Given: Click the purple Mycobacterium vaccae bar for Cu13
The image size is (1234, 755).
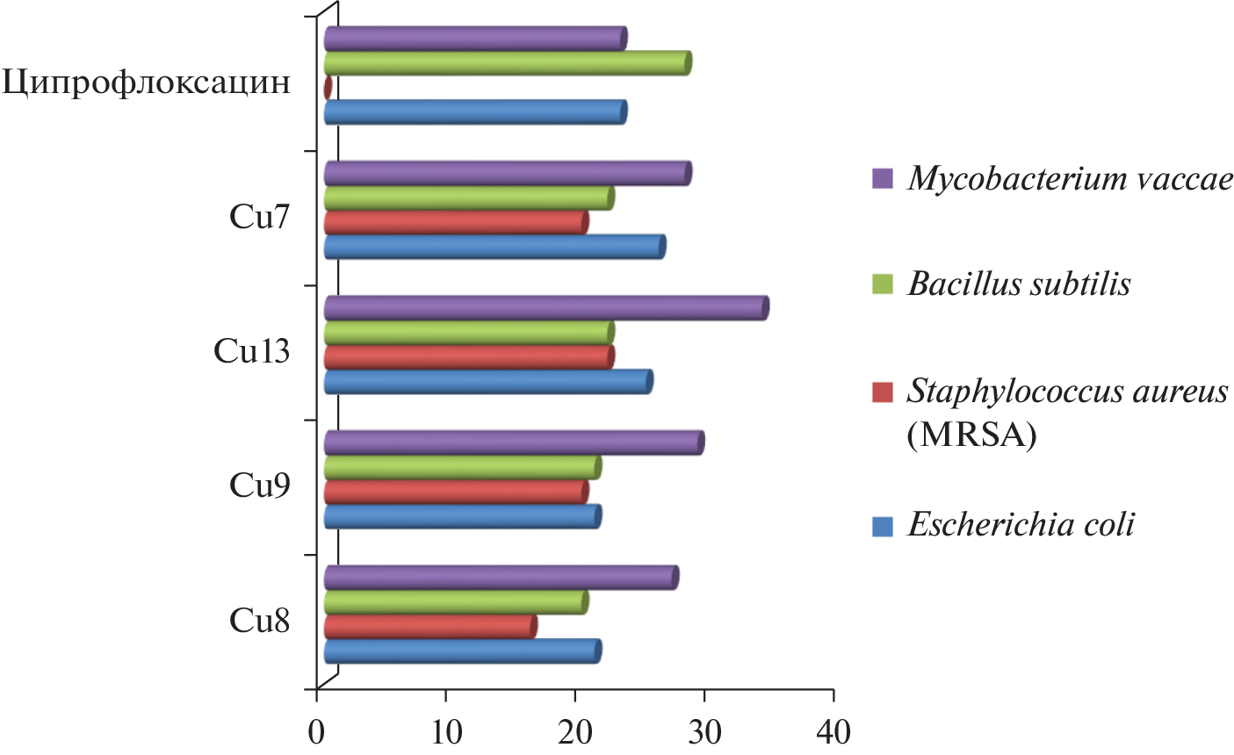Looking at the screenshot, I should click(545, 308).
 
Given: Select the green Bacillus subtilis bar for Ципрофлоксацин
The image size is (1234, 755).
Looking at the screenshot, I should click(507, 63).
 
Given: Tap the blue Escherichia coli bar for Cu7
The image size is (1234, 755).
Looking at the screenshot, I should click(494, 248).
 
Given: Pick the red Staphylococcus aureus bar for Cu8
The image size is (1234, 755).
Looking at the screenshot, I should click(429, 627).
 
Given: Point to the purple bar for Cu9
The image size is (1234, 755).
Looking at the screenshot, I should click(513, 443).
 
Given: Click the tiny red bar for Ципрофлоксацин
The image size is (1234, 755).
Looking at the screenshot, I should click(328, 88).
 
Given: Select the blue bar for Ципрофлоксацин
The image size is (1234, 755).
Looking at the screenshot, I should click(474, 112).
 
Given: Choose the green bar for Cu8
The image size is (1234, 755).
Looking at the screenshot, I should click(455, 602).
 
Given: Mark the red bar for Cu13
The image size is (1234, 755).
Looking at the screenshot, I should click(468, 357).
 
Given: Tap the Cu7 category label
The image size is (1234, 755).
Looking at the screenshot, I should click(260, 217).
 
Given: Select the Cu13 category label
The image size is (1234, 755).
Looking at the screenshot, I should click(253, 351).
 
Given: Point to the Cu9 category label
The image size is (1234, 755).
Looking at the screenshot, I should click(260, 485).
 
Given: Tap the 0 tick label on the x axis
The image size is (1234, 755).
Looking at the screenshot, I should click(316, 733).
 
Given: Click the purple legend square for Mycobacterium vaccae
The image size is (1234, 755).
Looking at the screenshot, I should click(883, 179).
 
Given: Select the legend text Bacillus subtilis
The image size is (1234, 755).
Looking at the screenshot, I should click(1019, 284).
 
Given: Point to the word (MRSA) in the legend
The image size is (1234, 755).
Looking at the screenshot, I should click(971, 434).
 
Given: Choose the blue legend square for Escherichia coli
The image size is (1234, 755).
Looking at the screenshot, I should click(883, 526).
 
